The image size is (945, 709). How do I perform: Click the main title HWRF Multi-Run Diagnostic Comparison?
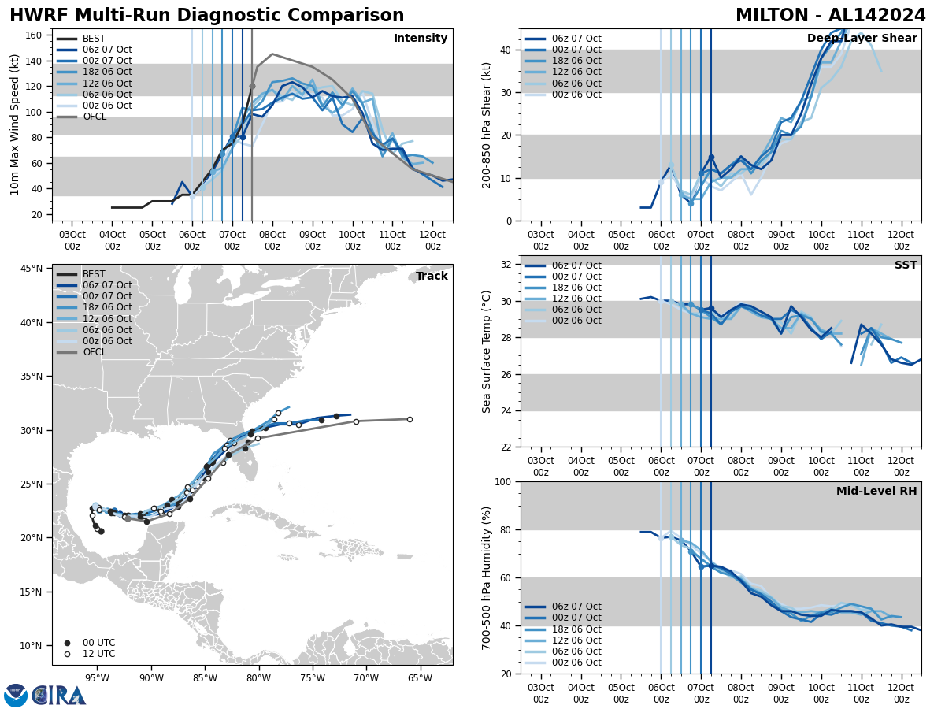click(x=206, y=16)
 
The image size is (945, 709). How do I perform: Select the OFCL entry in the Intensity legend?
click(x=94, y=117)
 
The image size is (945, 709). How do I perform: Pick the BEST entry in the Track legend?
click(x=94, y=274)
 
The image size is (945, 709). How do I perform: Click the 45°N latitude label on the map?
click(x=31, y=269)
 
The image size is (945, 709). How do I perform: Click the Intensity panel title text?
click(x=420, y=39)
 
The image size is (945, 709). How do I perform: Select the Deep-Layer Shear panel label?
click(x=862, y=39)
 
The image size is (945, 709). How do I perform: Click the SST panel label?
click(x=906, y=265)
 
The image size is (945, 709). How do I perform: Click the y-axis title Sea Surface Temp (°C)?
click(x=487, y=351)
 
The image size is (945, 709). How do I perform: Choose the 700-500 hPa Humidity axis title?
click(x=487, y=577)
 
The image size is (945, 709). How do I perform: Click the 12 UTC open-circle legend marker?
click(x=67, y=654)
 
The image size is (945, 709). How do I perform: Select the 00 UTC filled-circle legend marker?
click(x=67, y=643)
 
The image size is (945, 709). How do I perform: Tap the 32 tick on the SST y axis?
click(x=506, y=265)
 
